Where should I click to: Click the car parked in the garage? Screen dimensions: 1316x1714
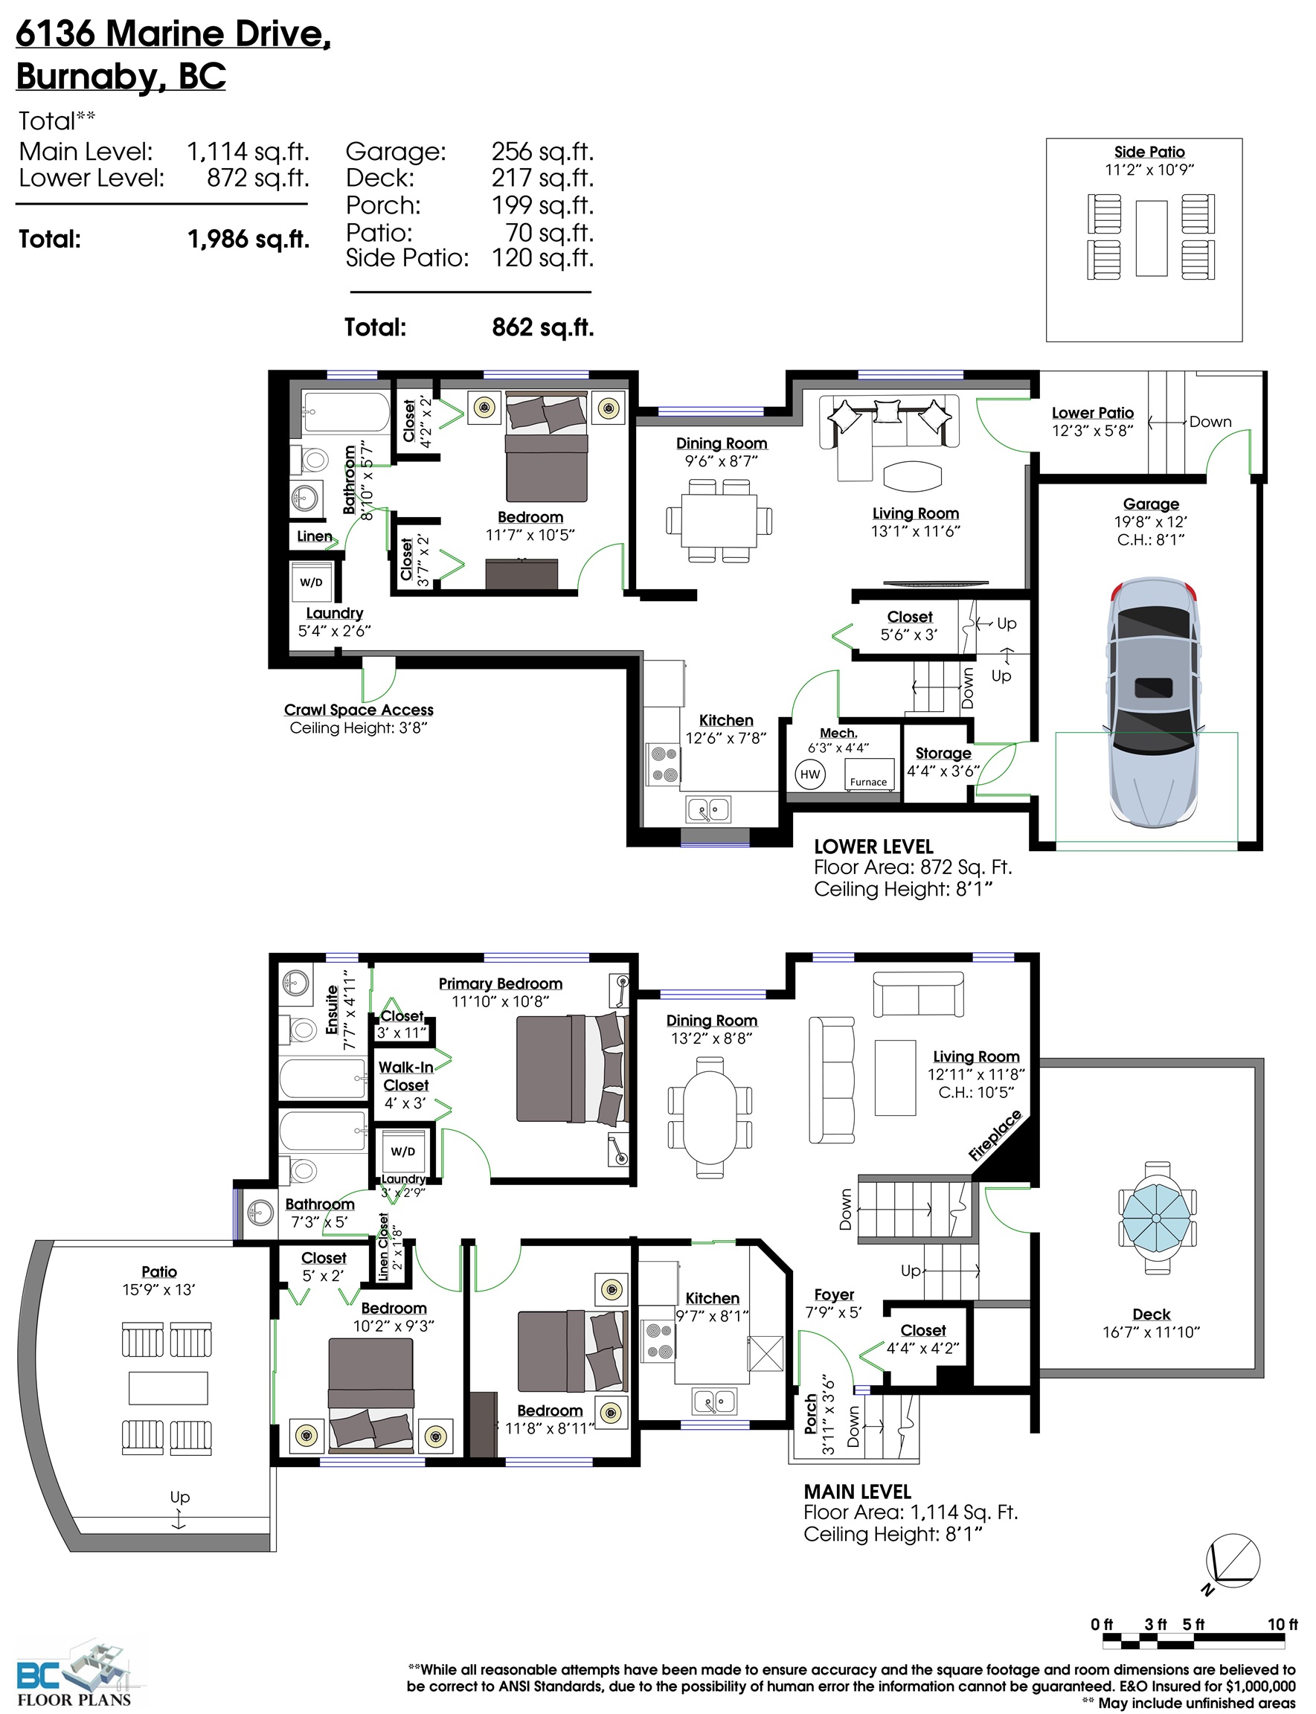[x=1153, y=701]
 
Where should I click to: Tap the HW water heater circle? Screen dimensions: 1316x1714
[x=810, y=774]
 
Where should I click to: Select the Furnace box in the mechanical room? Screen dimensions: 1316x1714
[x=869, y=774]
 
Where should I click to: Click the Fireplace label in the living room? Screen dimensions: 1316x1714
[x=995, y=1135]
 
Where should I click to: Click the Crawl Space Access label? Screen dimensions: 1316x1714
[x=359, y=710]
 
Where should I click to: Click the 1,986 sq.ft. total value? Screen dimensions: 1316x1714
[x=249, y=240]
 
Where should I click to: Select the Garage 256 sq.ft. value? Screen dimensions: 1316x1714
[x=543, y=151]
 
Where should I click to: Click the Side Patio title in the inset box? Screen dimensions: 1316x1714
[x=1149, y=152]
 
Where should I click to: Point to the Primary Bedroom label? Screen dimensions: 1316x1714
[x=501, y=983]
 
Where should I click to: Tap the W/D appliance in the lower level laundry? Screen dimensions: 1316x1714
[x=311, y=582]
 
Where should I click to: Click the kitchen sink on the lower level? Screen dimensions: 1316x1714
[x=708, y=809]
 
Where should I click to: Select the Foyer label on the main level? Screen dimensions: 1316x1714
[x=834, y=1295]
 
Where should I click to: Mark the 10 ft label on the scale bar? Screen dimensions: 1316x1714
[x=1283, y=1624]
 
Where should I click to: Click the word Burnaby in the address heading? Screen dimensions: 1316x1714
[x=86, y=77]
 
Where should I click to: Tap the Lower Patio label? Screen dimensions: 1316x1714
[x=1093, y=413]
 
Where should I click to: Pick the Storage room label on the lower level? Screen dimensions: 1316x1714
[x=943, y=753]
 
